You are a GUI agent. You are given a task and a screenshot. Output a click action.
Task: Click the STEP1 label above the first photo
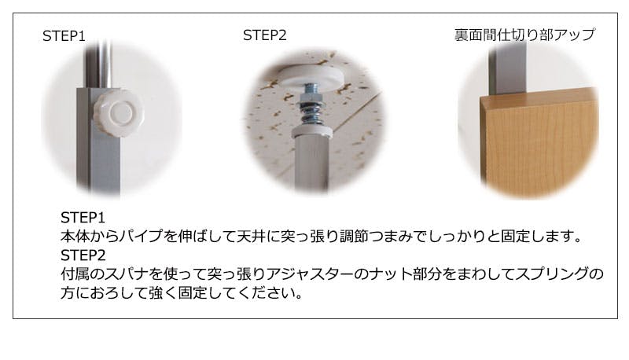(64, 36)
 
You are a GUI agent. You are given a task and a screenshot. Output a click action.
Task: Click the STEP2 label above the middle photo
(265, 35)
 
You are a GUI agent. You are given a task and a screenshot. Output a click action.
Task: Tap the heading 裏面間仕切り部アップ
(524, 35)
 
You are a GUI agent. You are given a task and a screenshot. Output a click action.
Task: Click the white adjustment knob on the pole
(119, 113)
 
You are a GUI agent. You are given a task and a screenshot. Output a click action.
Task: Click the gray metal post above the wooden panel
(507, 68)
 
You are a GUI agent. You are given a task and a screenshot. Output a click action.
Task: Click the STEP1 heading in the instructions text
(83, 218)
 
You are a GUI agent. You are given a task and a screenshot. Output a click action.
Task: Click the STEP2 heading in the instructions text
(83, 255)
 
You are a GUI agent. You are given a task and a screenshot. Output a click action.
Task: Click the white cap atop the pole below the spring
(311, 131)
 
